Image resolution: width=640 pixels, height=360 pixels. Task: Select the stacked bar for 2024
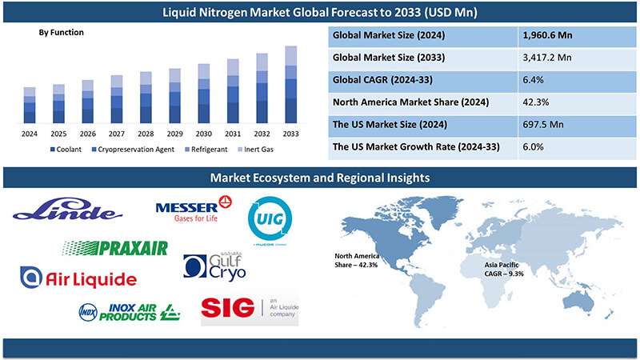pos(30,105)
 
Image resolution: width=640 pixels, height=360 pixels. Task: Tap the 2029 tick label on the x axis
pos(174,134)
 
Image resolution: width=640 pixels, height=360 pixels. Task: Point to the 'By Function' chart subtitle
pos(61,33)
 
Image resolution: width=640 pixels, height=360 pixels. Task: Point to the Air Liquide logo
pos(78,278)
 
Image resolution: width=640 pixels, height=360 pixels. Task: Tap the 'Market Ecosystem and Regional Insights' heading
pos(320,176)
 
